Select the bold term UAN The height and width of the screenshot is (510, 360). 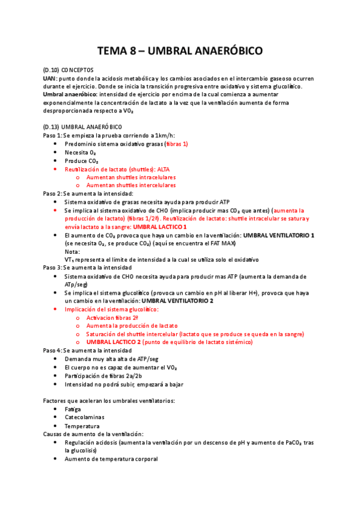pos(49,79)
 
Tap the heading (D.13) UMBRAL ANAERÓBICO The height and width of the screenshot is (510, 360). pos(82,127)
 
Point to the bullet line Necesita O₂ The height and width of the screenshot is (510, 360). pos(81,153)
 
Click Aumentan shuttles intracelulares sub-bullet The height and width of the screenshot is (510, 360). pos(131,178)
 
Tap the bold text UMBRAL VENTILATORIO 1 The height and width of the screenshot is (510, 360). pos(274,236)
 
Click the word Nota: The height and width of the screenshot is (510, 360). pos(72,251)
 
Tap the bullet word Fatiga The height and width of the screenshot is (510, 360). pos(73,408)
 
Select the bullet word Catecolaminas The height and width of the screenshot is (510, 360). pos(84,417)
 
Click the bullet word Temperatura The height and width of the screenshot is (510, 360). pos(82,425)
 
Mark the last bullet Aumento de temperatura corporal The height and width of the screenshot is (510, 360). pos(111,459)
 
